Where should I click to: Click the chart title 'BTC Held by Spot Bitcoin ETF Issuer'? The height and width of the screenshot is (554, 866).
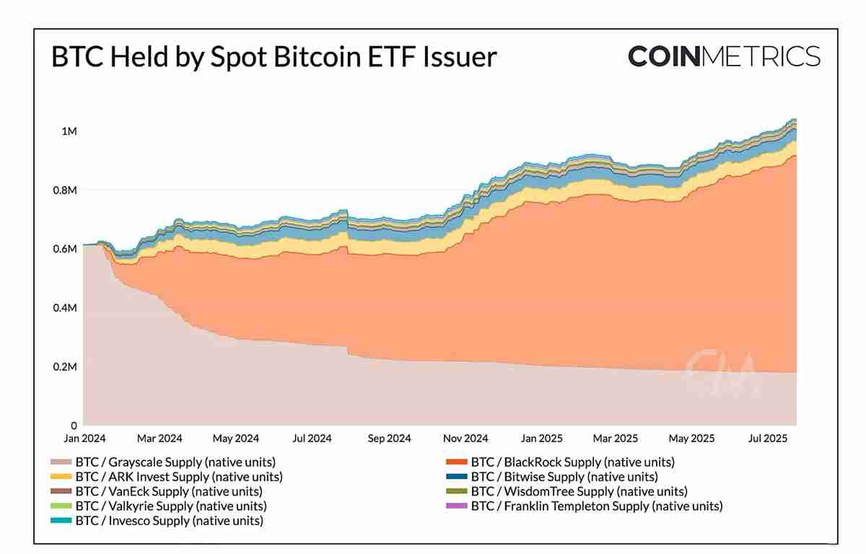pyautogui.click(x=274, y=57)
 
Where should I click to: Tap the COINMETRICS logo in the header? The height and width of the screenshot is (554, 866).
pyautogui.click(x=724, y=56)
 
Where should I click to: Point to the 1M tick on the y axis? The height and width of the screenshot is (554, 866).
pyautogui.click(x=69, y=131)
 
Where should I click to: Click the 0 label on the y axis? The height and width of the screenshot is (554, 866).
pyautogui.click(x=73, y=426)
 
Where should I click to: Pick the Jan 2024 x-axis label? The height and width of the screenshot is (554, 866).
pyautogui.click(x=83, y=439)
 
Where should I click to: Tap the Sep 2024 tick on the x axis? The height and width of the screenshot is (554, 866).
pyautogui.click(x=388, y=439)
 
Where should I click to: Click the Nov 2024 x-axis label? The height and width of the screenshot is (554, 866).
pyautogui.click(x=465, y=439)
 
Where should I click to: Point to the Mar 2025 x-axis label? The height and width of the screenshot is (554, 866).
pyautogui.click(x=616, y=439)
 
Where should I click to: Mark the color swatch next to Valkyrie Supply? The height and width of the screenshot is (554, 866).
pyautogui.click(x=61, y=506)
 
